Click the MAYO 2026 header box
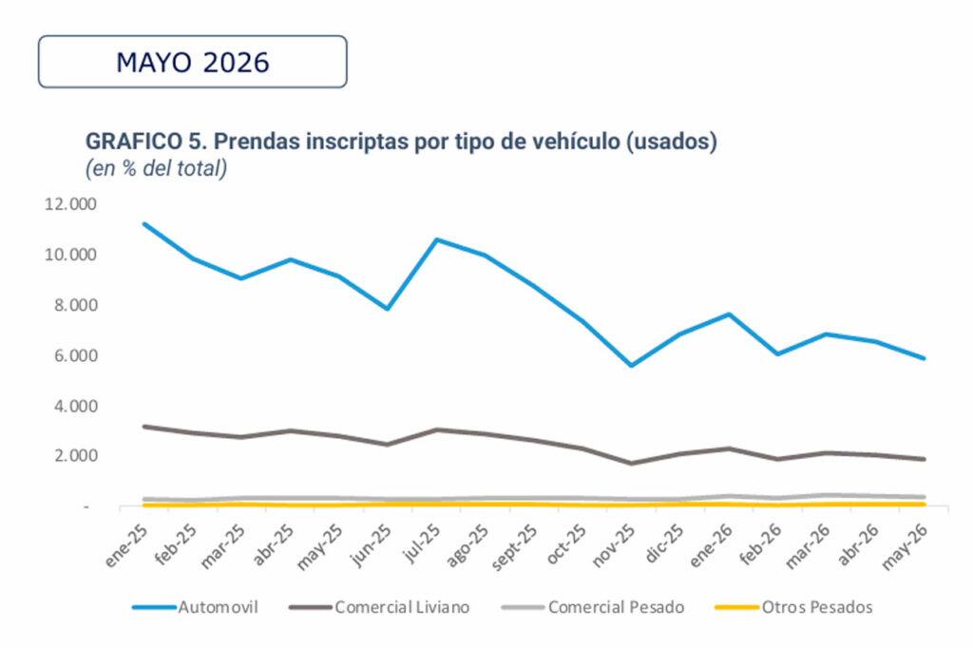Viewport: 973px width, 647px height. [192, 62]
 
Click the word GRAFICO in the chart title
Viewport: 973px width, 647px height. [133, 142]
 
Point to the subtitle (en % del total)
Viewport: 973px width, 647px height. [156, 168]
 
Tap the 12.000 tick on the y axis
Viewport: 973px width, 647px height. [70, 204]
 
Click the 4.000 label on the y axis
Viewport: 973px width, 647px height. [74, 407]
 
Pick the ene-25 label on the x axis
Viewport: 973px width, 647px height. [126, 545]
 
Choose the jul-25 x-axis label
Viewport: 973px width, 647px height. [421, 542]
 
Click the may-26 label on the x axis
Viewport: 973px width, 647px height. [906, 546]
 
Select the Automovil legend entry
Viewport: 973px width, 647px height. [196, 607]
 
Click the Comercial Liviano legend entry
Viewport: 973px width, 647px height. [380, 607]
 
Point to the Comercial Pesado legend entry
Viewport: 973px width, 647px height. [593, 607]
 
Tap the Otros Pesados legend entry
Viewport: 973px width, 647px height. [794, 607]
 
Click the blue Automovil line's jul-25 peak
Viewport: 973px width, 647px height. [437, 239]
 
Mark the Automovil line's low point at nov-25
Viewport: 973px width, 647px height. [632, 366]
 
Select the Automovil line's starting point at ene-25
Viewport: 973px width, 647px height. [144, 224]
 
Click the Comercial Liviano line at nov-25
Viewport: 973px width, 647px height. [632, 464]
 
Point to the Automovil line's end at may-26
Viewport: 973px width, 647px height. [924, 358]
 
